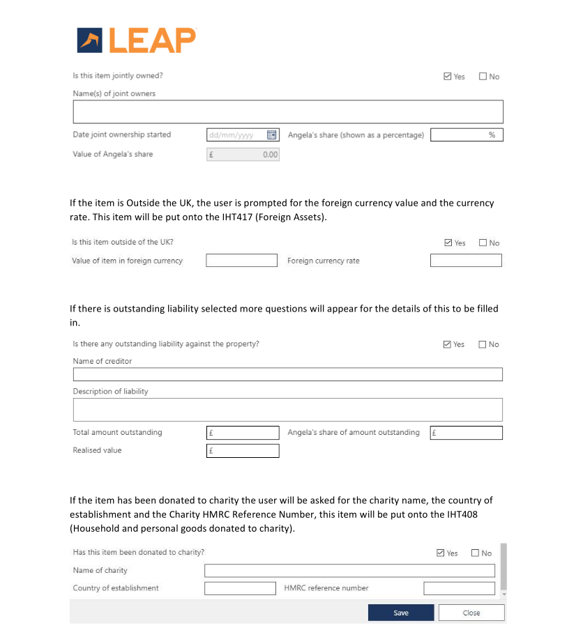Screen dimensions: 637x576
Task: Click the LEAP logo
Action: (x=136, y=40)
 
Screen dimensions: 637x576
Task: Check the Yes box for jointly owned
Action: (x=448, y=77)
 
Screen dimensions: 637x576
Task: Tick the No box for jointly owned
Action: (x=483, y=77)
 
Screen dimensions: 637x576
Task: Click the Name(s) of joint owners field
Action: (x=287, y=112)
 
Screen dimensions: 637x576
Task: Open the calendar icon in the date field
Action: (x=273, y=135)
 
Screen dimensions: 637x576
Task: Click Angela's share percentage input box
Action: (x=466, y=135)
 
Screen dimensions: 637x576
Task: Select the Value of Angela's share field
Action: (x=243, y=155)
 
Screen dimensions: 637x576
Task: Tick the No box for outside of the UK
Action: (x=483, y=243)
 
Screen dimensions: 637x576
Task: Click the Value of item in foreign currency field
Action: (x=241, y=261)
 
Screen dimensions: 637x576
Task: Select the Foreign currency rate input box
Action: (x=466, y=261)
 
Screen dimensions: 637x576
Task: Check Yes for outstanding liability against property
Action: (x=448, y=344)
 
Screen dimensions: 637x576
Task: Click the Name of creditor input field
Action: (x=287, y=375)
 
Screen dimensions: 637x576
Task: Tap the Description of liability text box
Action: (x=287, y=410)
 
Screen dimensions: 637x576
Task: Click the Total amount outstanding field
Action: (x=243, y=433)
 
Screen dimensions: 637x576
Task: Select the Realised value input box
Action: (x=243, y=451)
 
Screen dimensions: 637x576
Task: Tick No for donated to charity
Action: (x=476, y=553)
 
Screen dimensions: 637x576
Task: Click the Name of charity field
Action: (x=349, y=571)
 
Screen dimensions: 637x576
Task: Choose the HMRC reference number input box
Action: (x=459, y=588)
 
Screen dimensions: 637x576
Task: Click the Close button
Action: (x=471, y=613)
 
